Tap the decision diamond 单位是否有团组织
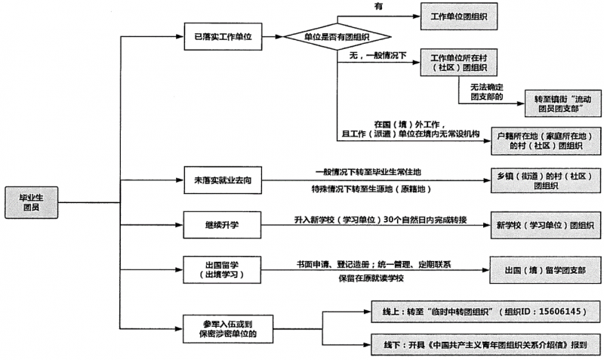[x=337, y=36]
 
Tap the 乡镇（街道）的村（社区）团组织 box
[x=541, y=180]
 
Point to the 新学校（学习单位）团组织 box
[x=541, y=223]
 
